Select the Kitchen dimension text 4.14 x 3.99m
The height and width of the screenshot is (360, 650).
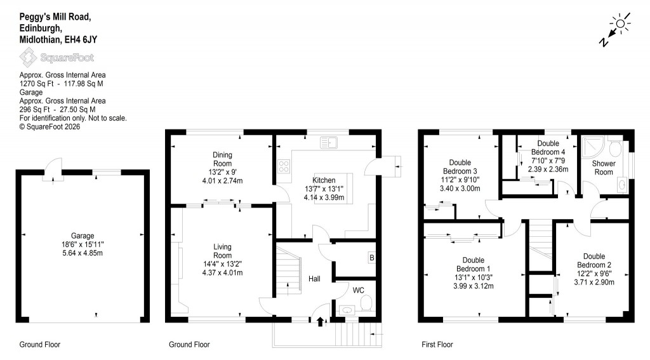coord(324,197)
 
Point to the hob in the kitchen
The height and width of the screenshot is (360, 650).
coord(284,168)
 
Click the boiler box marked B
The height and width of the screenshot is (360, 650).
coord(371,257)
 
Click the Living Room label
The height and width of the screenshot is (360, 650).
coord(222,251)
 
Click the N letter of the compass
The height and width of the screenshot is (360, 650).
coord(604,41)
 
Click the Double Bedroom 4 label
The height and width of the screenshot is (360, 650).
coord(548,148)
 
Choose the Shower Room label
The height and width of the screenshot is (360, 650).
coord(603,168)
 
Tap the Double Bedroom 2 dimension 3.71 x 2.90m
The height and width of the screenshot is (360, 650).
coord(595,282)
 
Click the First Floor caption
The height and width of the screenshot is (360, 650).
coord(437,345)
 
